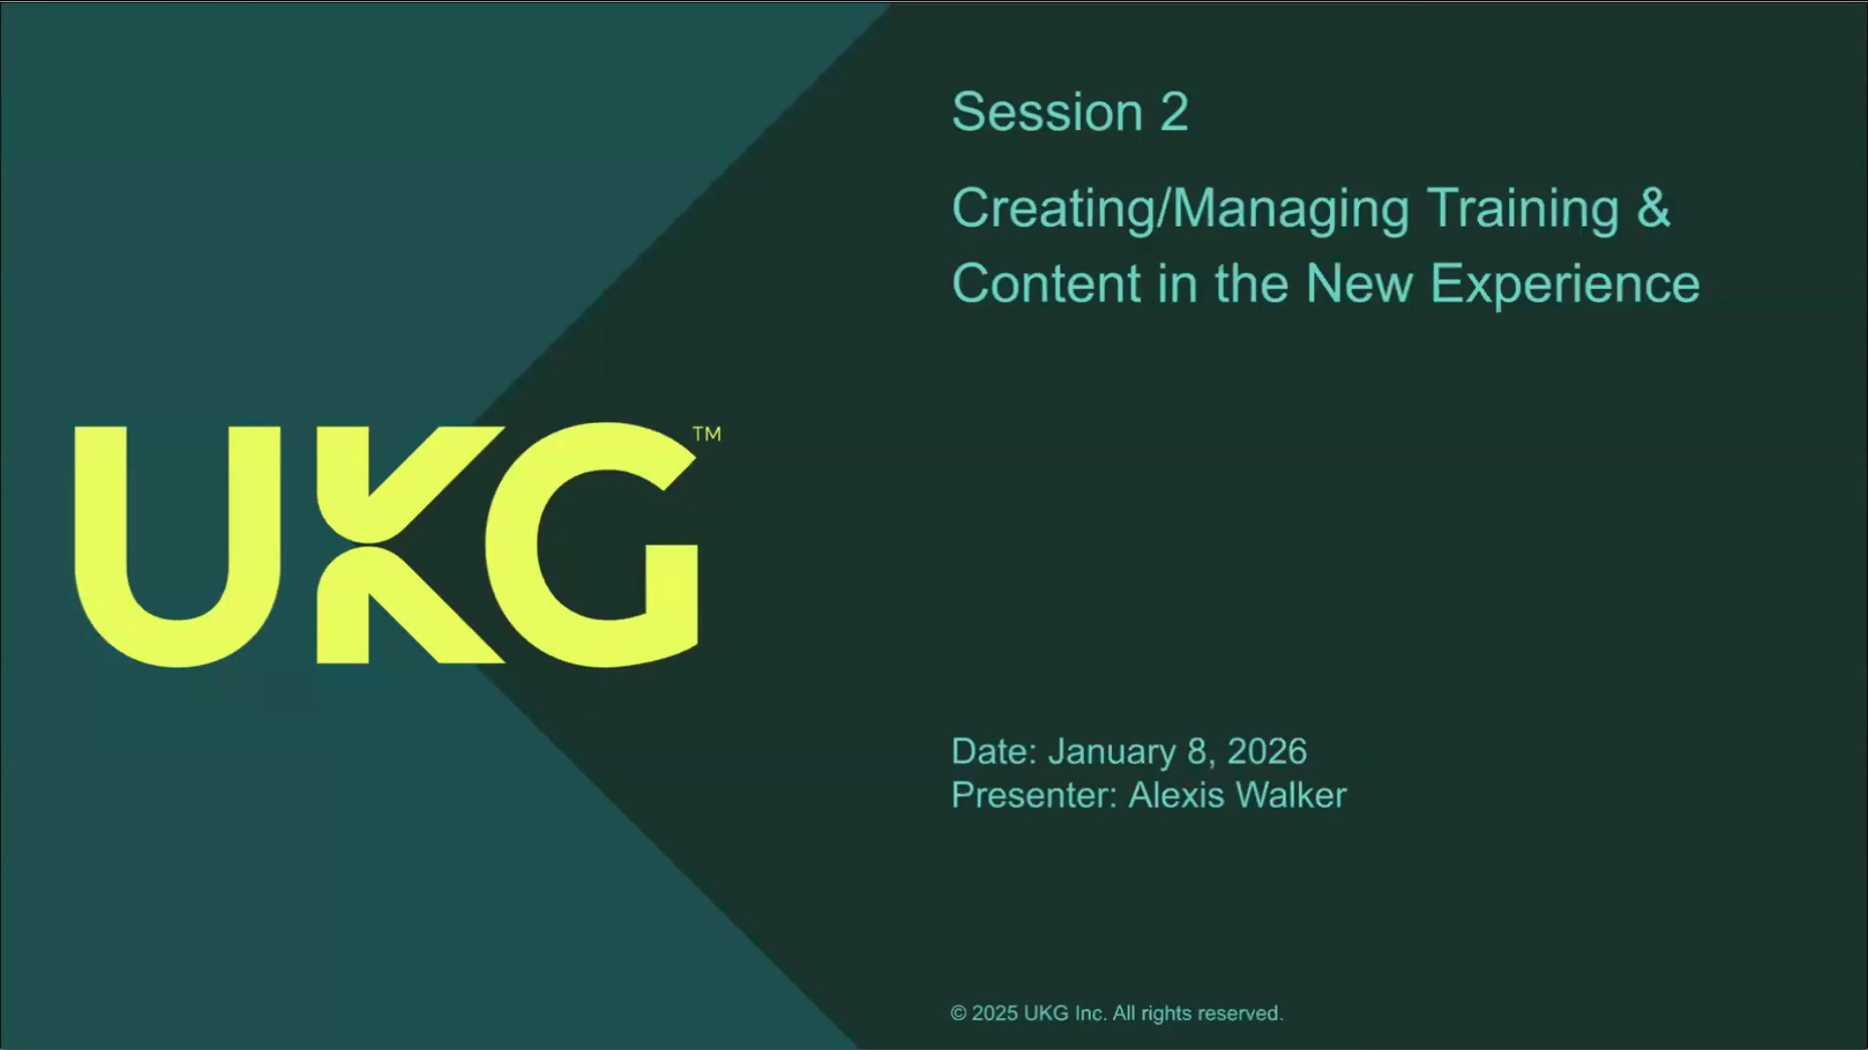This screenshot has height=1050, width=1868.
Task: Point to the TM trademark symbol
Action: point(707,434)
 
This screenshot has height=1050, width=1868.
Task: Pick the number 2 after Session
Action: point(1174,112)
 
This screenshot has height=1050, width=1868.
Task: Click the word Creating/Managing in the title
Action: point(1181,210)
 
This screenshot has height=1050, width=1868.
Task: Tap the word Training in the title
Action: point(1524,210)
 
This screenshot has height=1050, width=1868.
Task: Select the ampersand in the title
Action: point(1654,208)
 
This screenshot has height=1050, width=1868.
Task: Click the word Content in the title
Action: point(1047,284)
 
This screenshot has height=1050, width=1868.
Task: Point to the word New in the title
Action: point(1359,284)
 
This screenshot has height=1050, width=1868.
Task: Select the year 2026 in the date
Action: point(1267,752)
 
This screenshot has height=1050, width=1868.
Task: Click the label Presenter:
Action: point(1034,795)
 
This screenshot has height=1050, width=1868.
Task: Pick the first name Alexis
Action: point(1176,795)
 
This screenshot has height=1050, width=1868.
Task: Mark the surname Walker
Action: point(1292,795)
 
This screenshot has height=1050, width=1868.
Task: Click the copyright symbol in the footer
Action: point(958,1013)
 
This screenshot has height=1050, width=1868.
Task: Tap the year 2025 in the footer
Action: point(994,1013)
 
